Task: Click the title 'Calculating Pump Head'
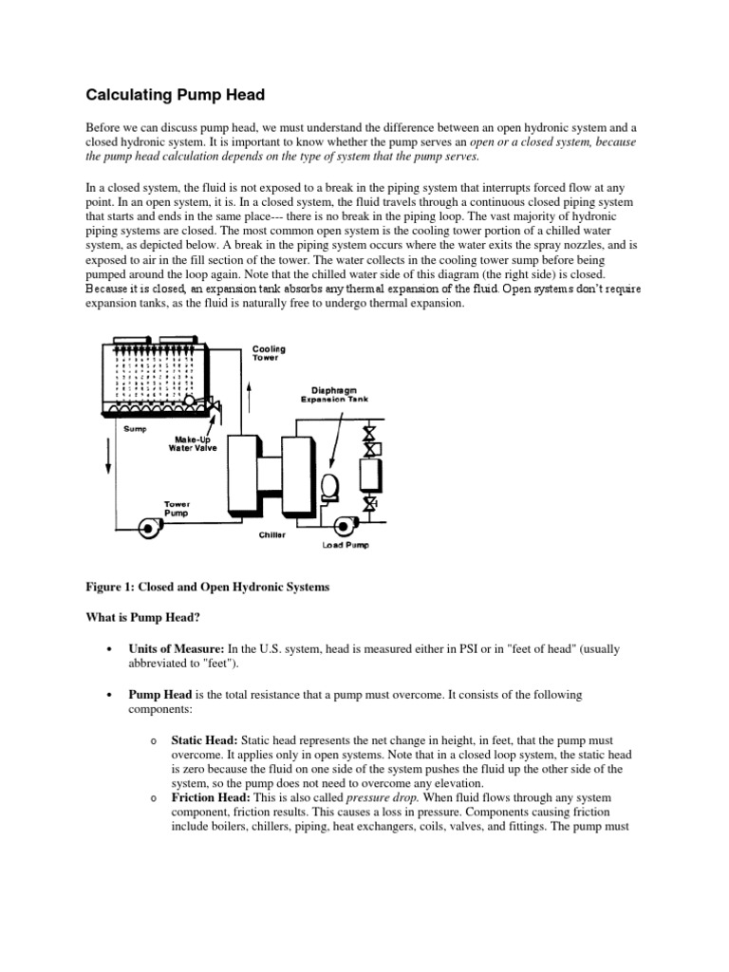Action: [x=176, y=94]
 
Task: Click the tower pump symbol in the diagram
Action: [x=149, y=528]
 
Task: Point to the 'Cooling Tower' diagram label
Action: [x=269, y=353]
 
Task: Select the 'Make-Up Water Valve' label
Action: [x=194, y=444]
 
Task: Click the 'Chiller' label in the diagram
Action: [x=272, y=535]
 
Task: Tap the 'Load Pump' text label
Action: [x=347, y=546]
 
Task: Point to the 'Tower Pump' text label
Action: [x=178, y=508]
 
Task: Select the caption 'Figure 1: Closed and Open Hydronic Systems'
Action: [x=208, y=588]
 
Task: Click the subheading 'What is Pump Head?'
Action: [x=143, y=618]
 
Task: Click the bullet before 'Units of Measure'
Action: [x=112, y=649]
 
